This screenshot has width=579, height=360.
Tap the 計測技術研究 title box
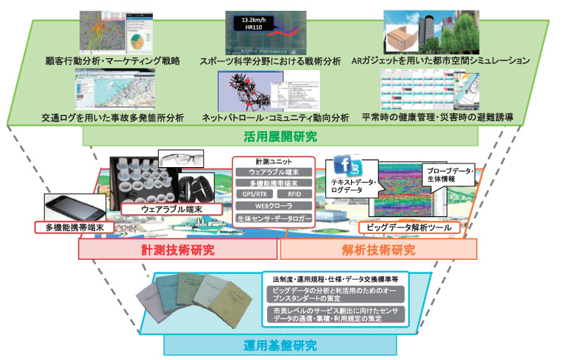178,250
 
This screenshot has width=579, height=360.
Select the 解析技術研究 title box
378,250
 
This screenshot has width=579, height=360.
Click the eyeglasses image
177,158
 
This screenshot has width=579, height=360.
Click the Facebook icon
340,166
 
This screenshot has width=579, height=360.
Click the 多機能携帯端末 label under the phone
75,227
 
